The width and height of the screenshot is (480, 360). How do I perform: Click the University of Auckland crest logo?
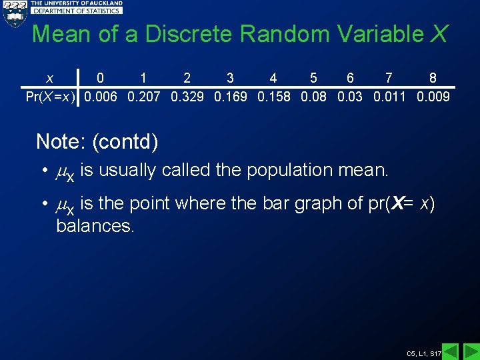(14, 13)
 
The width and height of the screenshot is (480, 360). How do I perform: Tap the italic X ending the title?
(438, 34)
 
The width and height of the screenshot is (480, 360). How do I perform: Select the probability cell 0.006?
(100, 97)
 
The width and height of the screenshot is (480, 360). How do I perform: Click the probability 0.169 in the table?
(230, 97)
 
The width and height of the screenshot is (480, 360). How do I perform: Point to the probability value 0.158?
(273, 97)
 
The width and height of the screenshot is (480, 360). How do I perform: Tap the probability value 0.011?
(389, 97)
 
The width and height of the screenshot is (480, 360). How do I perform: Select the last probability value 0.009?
(433, 97)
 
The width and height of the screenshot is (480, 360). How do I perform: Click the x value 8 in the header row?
(433, 79)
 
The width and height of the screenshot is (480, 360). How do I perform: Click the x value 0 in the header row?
(100, 79)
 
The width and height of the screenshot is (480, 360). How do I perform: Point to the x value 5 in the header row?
(313, 79)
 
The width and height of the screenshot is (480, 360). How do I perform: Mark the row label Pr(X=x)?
(50, 97)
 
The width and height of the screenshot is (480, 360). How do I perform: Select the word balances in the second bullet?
(95, 226)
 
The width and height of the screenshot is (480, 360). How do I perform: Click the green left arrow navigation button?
(451, 351)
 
